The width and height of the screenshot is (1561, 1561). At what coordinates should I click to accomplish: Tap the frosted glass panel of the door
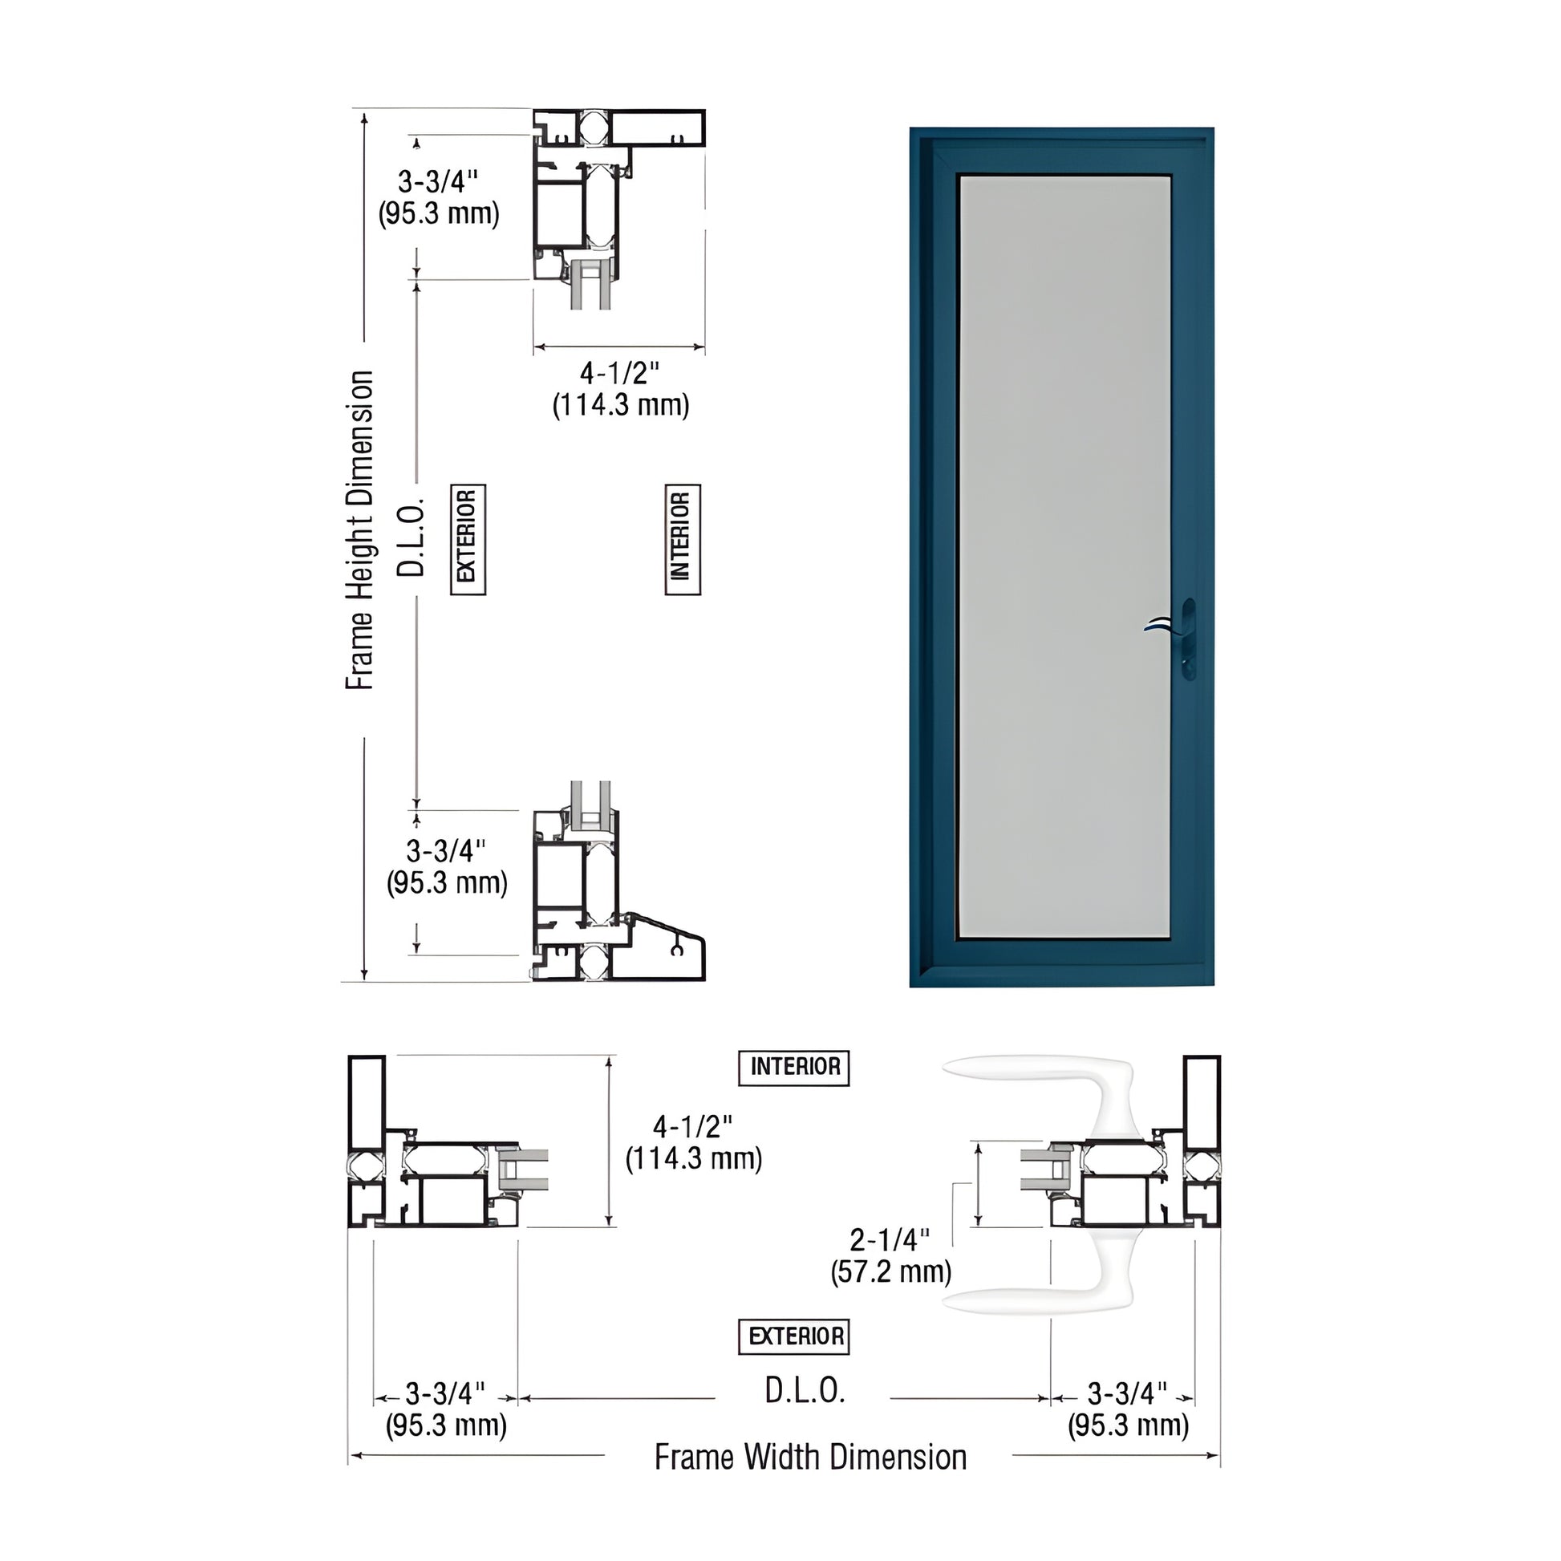[x=1064, y=556]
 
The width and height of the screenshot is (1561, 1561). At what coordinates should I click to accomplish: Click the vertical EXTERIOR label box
[x=467, y=539]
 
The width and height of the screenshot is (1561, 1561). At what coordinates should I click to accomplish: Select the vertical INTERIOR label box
[x=682, y=539]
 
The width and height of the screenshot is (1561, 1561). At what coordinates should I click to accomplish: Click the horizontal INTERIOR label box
[x=793, y=1068]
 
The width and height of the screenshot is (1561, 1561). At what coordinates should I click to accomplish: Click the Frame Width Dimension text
[x=810, y=1458]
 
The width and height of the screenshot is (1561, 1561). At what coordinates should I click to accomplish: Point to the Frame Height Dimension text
[x=360, y=530]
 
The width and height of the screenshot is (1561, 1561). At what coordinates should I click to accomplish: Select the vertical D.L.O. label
[x=411, y=538]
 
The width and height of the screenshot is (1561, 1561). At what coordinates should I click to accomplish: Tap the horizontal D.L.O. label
[x=805, y=1390]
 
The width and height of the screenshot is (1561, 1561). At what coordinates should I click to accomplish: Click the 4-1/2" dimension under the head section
[x=621, y=388]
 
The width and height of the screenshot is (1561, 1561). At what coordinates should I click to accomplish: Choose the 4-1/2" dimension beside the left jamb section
[x=693, y=1142]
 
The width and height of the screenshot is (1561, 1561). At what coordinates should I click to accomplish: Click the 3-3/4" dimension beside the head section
[x=439, y=197]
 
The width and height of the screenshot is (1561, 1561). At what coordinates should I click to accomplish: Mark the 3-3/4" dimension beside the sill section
[x=447, y=866]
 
